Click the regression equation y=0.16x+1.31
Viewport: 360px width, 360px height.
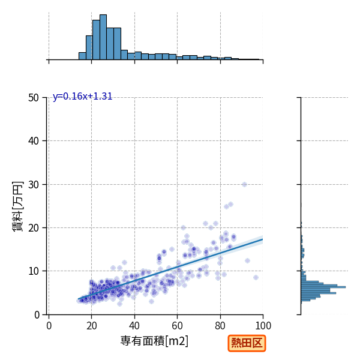[x=82, y=96]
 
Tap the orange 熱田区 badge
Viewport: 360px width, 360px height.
[x=247, y=343]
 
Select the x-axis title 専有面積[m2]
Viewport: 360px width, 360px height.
[x=154, y=341]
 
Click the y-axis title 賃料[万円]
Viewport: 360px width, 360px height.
[x=17, y=206]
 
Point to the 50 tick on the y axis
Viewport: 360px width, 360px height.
[x=34, y=98]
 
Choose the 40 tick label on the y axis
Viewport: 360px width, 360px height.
[x=34, y=141]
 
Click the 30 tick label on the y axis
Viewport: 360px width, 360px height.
[x=34, y=185]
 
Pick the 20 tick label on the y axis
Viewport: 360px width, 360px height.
[x=34, y=228]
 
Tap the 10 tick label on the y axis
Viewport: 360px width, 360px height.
[x=34, y=271]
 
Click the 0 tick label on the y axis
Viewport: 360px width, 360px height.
[x=37, y=315]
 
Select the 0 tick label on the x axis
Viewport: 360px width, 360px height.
[x=49, y=326]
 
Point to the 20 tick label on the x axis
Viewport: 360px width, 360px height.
[x=92, y=326]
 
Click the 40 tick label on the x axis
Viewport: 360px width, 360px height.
[x=134, y=326]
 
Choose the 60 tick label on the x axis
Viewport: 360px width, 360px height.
[x=177, y=326]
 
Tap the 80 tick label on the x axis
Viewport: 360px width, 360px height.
[x=220, y=326]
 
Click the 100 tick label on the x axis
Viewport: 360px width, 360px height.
[x=263, y=326]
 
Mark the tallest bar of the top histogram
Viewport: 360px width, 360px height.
[x=103, y=37]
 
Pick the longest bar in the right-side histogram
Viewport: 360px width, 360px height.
[x=323, y=287]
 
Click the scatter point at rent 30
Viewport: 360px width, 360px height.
[x=244, y=184]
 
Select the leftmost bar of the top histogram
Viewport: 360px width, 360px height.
[x=82, y=56]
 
